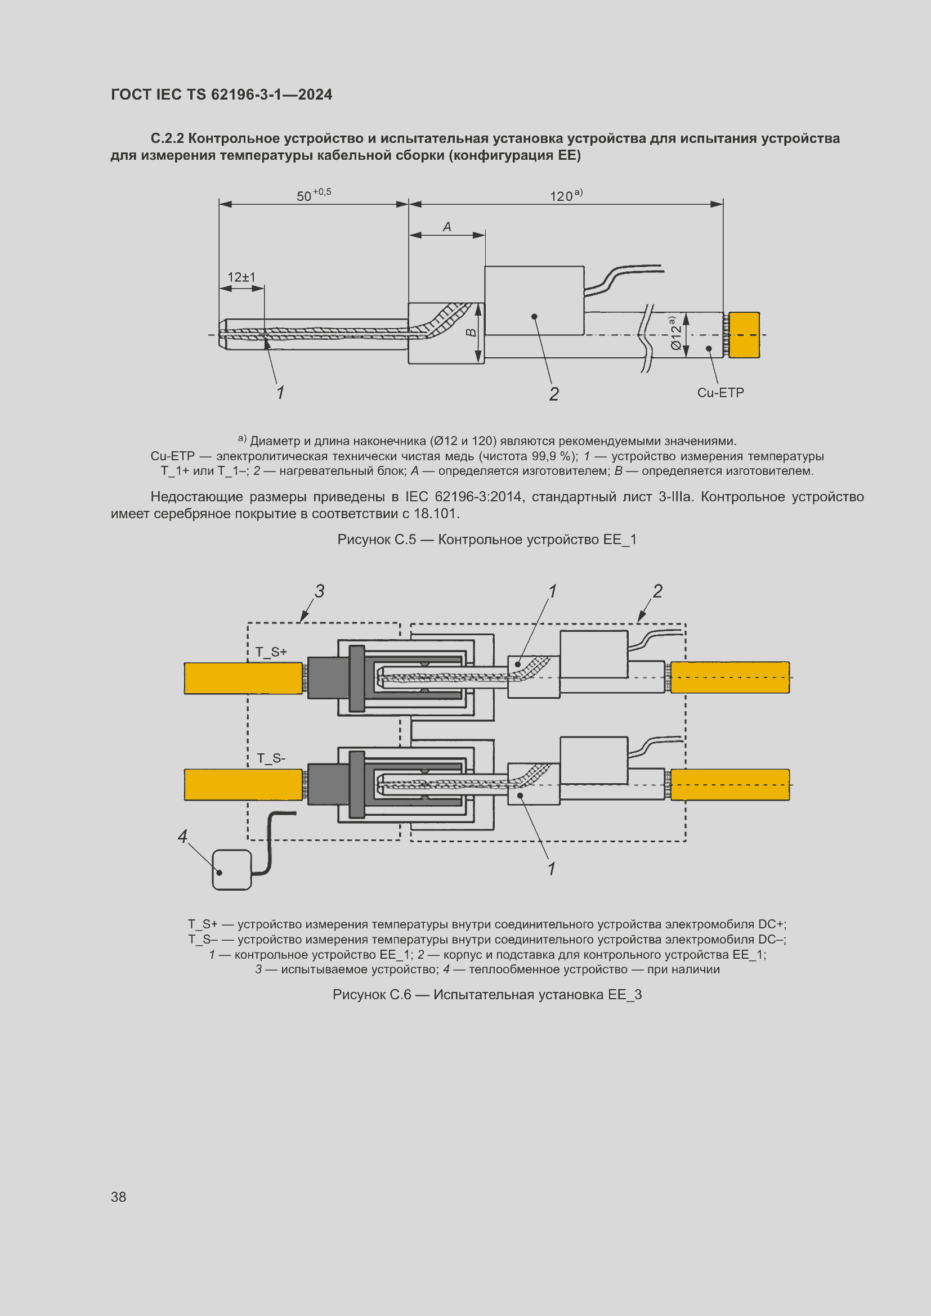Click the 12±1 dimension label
tap(241, 277)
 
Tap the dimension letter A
tap(447, 227)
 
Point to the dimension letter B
tap(471, 333)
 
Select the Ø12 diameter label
tap(675, 333)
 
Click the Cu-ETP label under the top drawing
tap(720, 393)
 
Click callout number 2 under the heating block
tap(554, 394)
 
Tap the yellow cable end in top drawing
tap(744, 335)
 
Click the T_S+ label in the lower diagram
tap(271, 652)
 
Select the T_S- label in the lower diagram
tap(271, 758)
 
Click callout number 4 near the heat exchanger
tap(182, 836)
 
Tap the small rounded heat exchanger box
tap(231, 869)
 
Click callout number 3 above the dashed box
tap(319, 591)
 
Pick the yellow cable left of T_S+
tap(243, 678)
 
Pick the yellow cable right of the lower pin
tap(730, 785)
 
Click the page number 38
tap(119, 1197)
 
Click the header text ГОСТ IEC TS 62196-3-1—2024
tap(221, 95)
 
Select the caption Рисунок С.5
tap(487, 540)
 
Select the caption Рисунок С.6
tap(487, 994)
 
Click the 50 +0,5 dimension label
tap(313, 195)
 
